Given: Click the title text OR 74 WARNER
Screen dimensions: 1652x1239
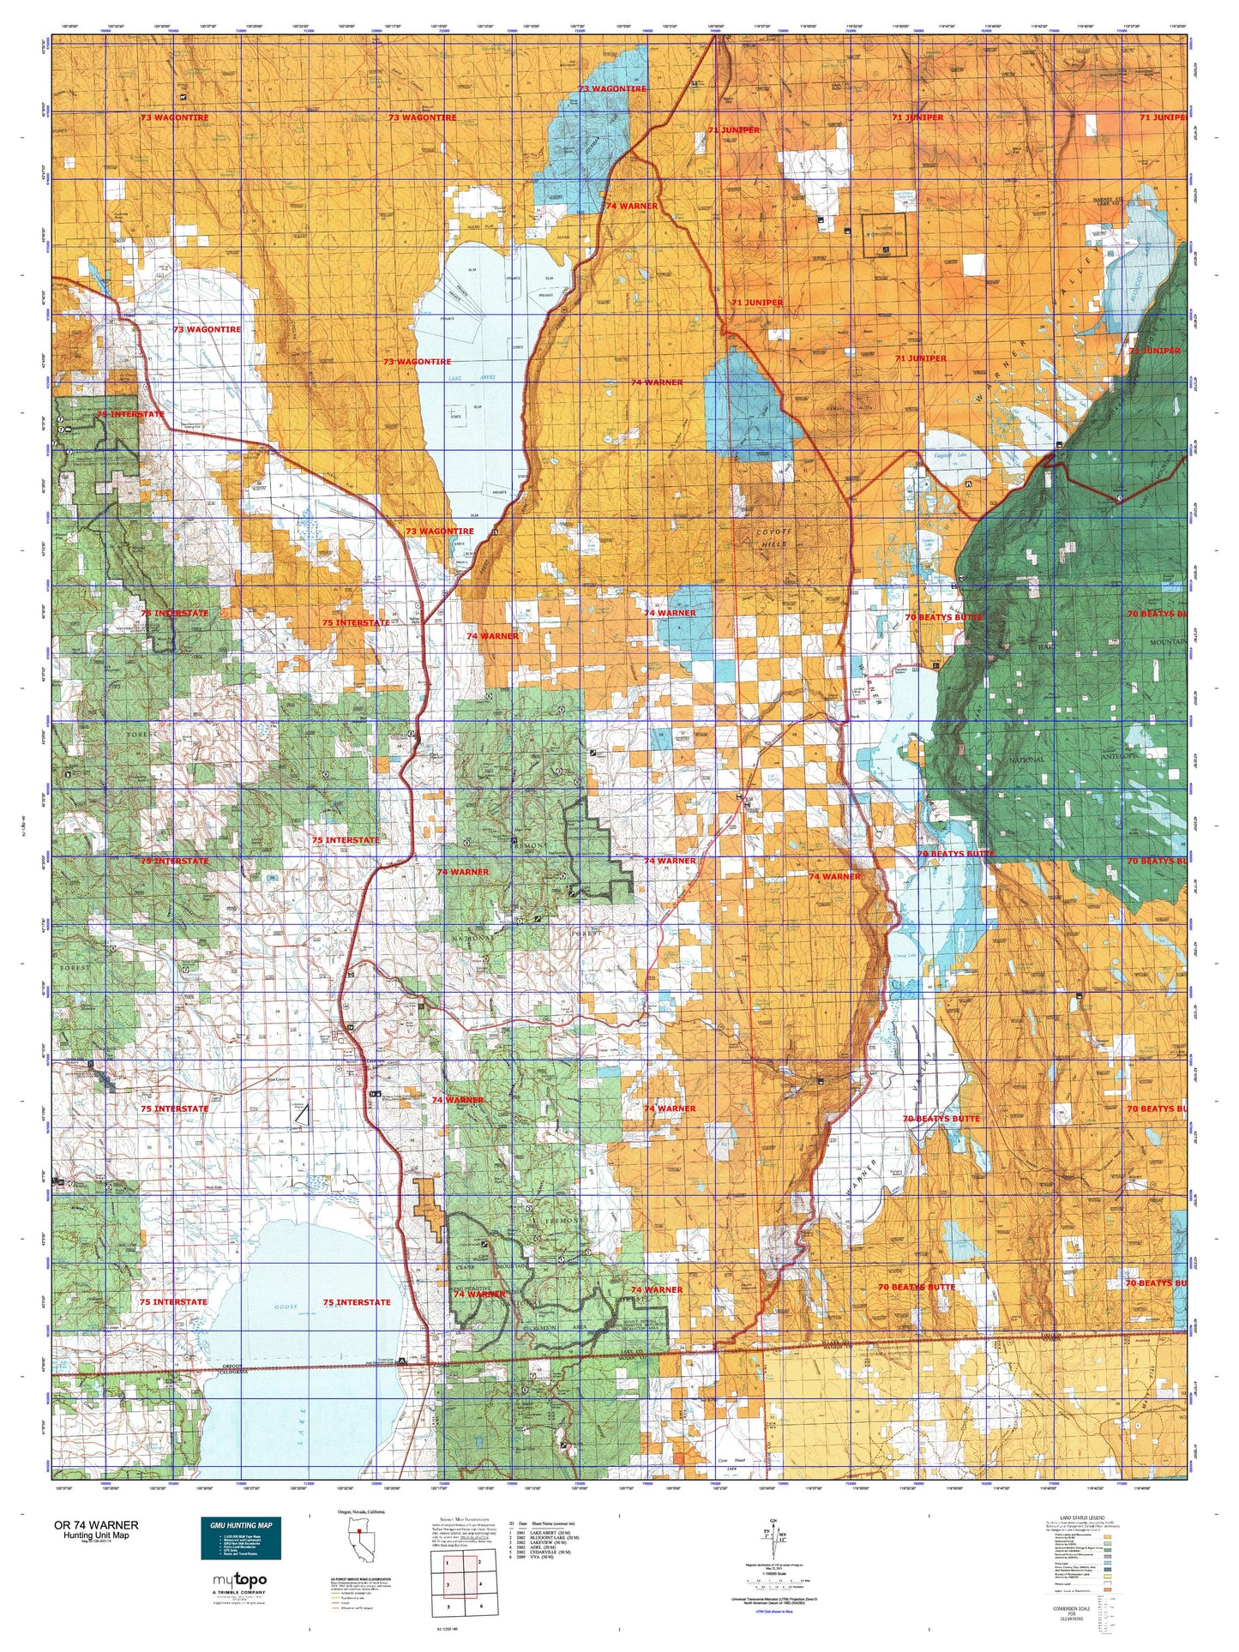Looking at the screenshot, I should point(95,1525).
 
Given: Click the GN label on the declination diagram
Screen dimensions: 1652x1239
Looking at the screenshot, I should point(773,1521).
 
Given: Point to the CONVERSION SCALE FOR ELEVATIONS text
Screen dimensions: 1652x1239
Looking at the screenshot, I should point(1069,1613).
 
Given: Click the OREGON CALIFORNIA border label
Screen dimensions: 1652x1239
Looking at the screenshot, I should point(244,1371).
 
